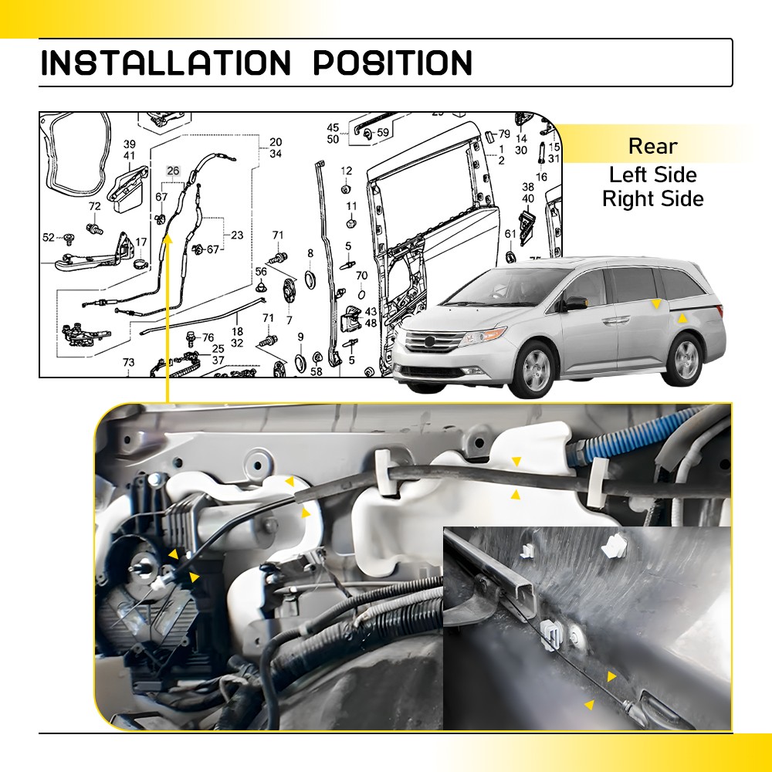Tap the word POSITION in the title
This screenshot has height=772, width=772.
[392, 63]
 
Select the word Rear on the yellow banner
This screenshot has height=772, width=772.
[652, 146]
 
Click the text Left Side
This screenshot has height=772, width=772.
[652, 174]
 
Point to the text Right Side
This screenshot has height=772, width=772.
[652, 198]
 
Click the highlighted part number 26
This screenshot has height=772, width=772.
[173, 171]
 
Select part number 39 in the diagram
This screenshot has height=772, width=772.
[130, 144]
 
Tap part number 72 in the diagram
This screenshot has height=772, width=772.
[94, 206]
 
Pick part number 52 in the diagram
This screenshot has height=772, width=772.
[49, 237]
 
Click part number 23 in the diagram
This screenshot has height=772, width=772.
[236, 235]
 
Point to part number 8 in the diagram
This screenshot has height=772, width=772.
[310, 253]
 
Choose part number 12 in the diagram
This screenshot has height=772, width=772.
[346, 171]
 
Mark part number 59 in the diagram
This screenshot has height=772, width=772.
[383, 133]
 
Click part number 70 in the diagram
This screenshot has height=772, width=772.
[361, 276]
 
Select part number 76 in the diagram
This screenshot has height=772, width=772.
[208, 337]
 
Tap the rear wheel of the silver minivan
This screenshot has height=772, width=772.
[684, 360]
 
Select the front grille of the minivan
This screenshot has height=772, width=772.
[427, 341]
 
